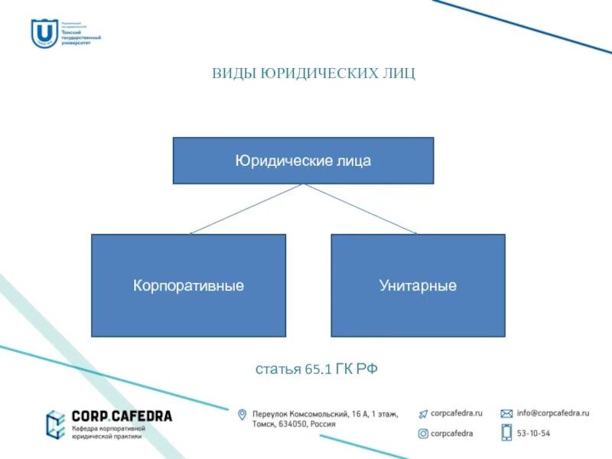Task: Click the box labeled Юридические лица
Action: coord(303,161)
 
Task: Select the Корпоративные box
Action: coord(188,285)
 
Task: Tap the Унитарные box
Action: coord(418,285)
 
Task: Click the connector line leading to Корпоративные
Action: coord(246,209)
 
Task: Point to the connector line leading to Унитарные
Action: coord(360,209)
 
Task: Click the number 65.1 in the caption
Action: coord(317,369)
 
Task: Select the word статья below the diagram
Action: coord(278,369)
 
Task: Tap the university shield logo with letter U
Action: coord(43,33)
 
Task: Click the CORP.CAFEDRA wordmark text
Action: coord(122,416)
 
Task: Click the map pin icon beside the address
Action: coord(242,415)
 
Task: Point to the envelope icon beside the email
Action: coord(506,413)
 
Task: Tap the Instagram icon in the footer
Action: coord(422,433)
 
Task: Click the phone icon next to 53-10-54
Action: coord(506,432)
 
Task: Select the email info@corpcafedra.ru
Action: coord(552,413)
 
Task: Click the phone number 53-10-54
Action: coord(533,433)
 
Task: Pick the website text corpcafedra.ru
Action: coord(457,413)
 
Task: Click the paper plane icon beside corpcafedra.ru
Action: coord(422,413)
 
